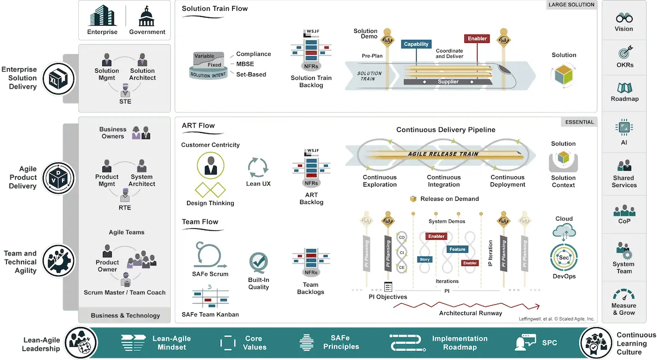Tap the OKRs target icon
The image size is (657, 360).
tap(625, 53)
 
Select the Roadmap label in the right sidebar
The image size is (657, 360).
tap(625, 99)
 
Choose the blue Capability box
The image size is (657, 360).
tap(416, 44)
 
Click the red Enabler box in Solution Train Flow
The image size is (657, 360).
tap(477, 39)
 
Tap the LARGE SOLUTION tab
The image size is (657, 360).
tap(571, 5)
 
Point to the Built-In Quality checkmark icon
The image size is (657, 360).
tap(258, 262)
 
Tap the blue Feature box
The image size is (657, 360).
tap(457, 249)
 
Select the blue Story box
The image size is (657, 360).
tap(424, 259)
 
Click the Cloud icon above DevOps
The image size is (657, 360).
tap(564, 230)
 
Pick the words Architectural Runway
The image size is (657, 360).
tap(470, 313)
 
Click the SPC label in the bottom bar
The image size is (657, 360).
tap(550, 342)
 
